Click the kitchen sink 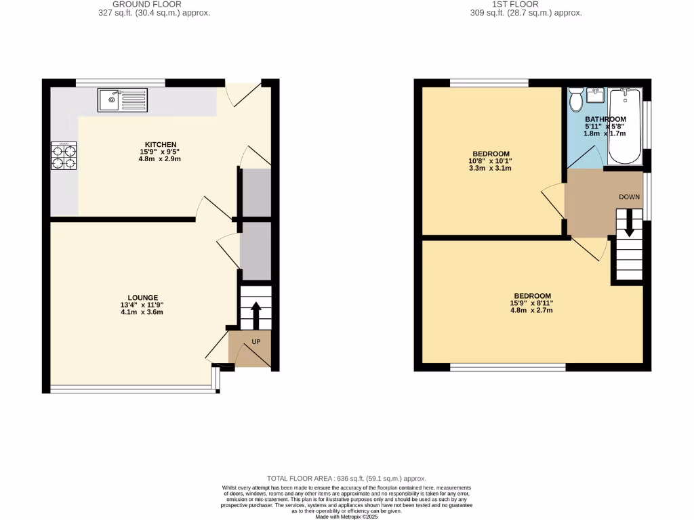click(122, 100)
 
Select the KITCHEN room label click(160, 144)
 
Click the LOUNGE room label click(142, 297)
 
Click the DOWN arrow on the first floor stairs click(629, 223)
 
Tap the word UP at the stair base click(256, 342)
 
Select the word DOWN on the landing click(628, 196)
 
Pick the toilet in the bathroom click(577, 101)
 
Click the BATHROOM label click(605, 119)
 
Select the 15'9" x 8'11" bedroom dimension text click(532, 304)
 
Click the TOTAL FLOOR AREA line click(346, 479)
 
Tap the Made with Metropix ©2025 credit click(346, 516)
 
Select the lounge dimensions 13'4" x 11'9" click(142, 305)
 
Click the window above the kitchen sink click(121, 83)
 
